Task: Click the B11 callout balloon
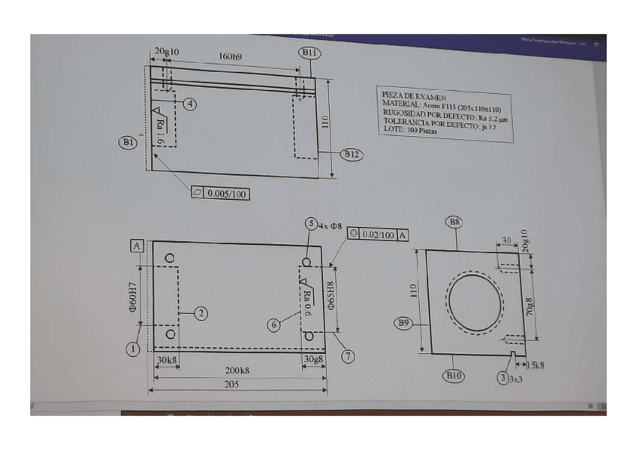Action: (309, 53)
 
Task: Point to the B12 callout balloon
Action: (351, 154)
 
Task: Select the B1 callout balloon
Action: (127, 141)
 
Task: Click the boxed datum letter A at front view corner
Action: (137, 246)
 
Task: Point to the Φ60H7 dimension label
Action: (132, 297)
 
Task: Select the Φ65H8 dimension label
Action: (331, 297)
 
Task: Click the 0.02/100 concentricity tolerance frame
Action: (379, 235)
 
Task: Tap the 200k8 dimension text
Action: (238, 370)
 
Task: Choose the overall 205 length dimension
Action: (237, 384)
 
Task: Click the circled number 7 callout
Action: (348, 355)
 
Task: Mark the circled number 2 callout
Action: (201, 313)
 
